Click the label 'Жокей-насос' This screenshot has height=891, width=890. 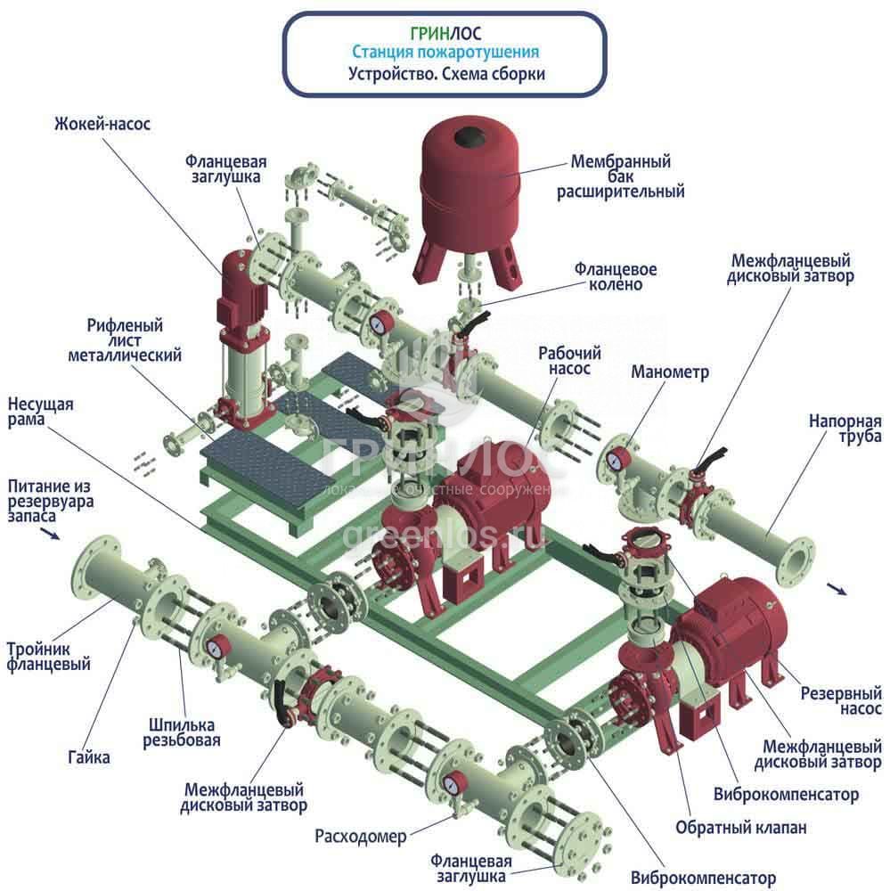pyautogui.click(x=100, y=124)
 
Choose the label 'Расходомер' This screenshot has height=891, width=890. pyautogui.click(x=360, y=837)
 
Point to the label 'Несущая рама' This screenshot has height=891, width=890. pyautogui.click(x=40, y=412)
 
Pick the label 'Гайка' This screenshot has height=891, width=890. pyautogui.click(x=88, y=757)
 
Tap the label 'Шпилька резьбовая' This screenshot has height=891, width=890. pyautogui.click(x=182, y=732)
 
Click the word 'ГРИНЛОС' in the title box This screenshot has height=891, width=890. pyautogui.click(x=445, y=34)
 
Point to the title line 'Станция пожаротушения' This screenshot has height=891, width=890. pyautogui.click(x=445, y=53)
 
